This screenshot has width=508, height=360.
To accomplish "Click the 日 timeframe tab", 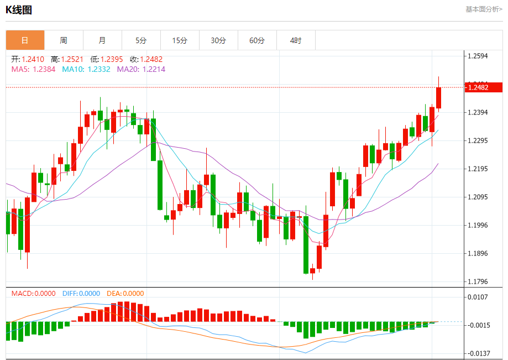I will (x=25, y=40).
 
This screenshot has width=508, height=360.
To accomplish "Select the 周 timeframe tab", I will (x=64, y=40).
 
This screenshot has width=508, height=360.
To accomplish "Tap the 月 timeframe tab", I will (x=102, y=40).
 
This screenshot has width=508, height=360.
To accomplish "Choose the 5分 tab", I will (x=141, y=40).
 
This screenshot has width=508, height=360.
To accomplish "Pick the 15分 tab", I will (x=180, y=40).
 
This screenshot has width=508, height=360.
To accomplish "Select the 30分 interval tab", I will (x=218, y=40).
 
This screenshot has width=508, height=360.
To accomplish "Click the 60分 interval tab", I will (x=257, y=40).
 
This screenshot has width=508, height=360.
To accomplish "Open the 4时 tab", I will (x=296, y=40).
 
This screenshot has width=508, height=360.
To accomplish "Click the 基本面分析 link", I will (x=484, y=9).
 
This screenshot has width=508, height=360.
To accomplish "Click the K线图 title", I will (x=19, y=9).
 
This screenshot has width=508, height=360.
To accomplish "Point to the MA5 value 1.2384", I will (x=44, y=69).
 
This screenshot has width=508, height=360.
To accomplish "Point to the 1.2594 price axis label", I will (x=479, y=56).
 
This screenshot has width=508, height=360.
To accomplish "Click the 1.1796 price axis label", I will (x=479, y=282).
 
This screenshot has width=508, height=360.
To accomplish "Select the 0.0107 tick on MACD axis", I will (x=479, y=297).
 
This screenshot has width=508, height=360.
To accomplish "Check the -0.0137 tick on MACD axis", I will (x=479, y=353).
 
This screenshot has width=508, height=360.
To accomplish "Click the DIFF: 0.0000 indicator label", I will (x=81, y=294).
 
